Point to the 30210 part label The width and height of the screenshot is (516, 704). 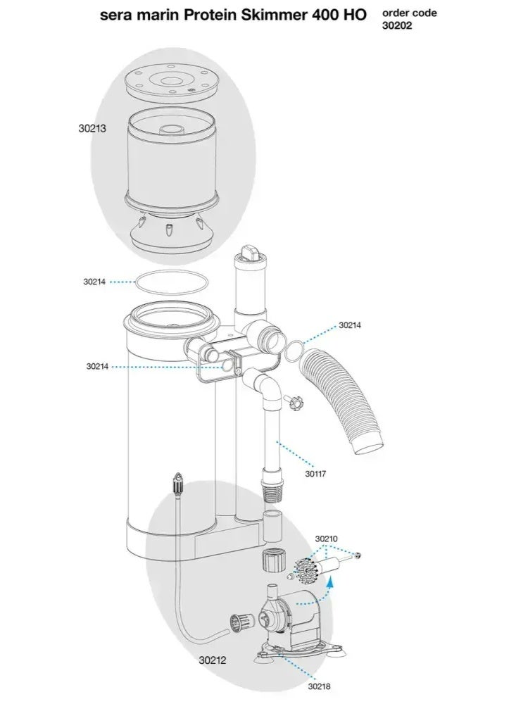327,539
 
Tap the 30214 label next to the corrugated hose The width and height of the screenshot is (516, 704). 350,325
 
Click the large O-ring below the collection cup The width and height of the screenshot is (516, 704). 171,282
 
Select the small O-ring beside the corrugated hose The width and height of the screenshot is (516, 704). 297,350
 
